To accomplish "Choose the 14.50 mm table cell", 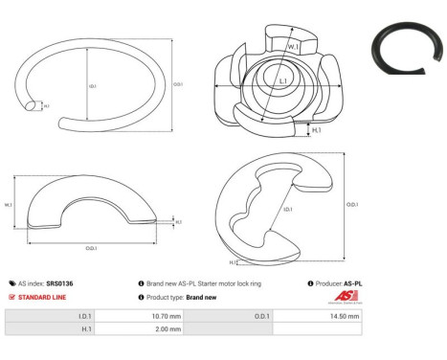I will click(x=345, y=315).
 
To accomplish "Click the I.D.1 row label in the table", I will click(x=84, y=315).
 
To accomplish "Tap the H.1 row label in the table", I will click(x=86, y=328).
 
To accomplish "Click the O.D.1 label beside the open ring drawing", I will click(x=178, y=83).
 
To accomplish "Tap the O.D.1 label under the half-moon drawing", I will click(x=92, y=248).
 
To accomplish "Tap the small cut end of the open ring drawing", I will click(x=33, y=104).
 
